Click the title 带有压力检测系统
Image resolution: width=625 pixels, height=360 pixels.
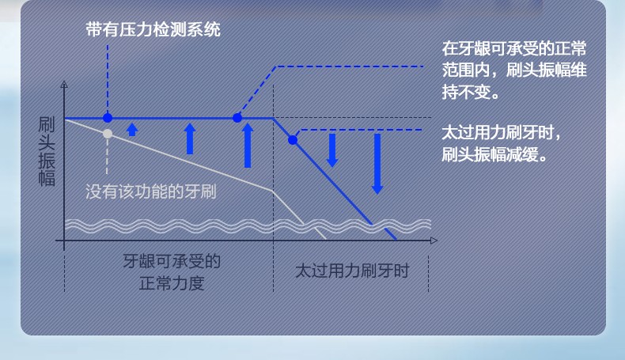coord(153,30)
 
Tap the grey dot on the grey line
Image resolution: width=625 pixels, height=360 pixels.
coord(108,134)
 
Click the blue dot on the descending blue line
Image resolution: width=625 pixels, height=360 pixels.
coord(293,140)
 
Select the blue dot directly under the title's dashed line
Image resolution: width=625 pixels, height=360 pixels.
coord(108,118)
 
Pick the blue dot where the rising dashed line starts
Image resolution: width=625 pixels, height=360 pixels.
coord(237,118)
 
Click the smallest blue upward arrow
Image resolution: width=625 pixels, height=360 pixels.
coord(132,130)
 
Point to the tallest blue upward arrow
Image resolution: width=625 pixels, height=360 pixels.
coord(248,146)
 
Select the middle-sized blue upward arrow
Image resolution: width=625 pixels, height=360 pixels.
coord(190,138)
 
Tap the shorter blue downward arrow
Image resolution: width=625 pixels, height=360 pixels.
coord(332,150)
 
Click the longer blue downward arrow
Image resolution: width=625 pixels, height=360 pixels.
coord(377,164)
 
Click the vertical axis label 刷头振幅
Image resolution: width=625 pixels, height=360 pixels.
coord(46,151)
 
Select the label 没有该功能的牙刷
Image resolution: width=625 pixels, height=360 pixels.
coord(151,191)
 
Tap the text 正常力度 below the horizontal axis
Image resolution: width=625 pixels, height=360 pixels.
coord(172,283)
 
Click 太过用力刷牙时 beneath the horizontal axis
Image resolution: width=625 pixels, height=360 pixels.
coord(352,271)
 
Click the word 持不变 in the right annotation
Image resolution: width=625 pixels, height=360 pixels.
coord(466,92)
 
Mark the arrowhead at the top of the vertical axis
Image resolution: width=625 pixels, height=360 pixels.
coord(64,84)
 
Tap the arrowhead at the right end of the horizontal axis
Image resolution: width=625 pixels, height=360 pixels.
coord(434,241)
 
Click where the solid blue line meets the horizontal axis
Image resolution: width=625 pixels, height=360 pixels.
coord(397,241)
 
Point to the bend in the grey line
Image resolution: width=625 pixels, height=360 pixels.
coord(273,191)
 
